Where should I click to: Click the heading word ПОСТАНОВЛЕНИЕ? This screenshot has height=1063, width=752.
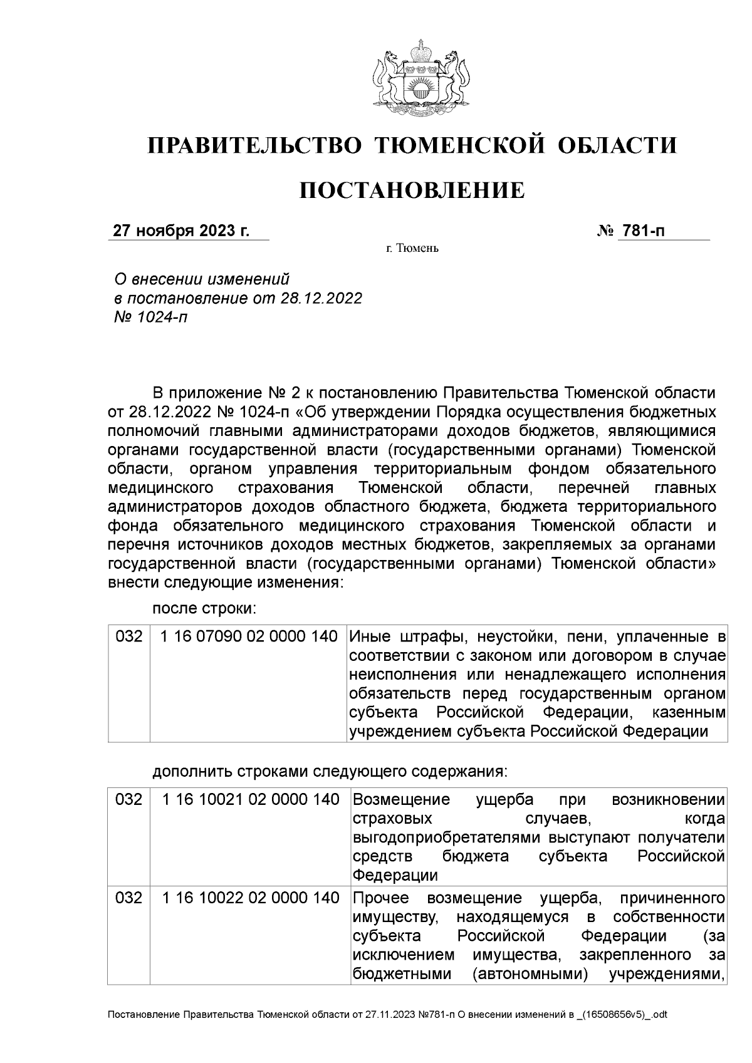pyautogui.click(x=412, y=190)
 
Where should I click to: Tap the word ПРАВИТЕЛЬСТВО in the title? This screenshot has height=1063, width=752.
pyautogui.click(x=254, y=146)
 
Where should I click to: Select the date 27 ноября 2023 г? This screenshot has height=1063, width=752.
pyautogui.click(x=181, y=231)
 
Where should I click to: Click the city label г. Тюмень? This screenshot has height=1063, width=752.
pyautogui.click(x=412, y=249)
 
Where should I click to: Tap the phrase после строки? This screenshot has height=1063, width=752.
pyautogui.click(x=204, y=608)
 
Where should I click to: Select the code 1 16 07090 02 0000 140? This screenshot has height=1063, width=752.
pyautogui.click(x=249, y=637)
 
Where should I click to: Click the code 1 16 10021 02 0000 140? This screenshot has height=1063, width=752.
pyautogui.click(x=251, y=800)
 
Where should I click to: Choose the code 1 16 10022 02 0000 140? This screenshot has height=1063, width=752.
pyautogui.click(x=251, y=898)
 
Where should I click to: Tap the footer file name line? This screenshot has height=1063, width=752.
pyautogui.click(x=388, y=1032)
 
